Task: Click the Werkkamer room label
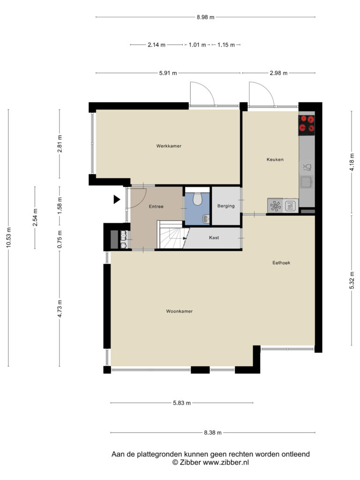pyautogui.click(x=169, y=146)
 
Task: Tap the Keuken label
pyautogui.click(x=275, y=159)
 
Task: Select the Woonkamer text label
pyautogui.click(x=180, y=311)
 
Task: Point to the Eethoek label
pyautogui.click(x=281, y=262)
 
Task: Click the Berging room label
pyautogui.click(x=226, y=206)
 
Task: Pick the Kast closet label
pyautogui.click(x=214, y=238)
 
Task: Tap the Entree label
pyautogui.click(x=156, y=207)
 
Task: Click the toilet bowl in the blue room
pyautogui.click(x=198, y=199)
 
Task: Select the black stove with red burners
pyautogui.click(x=307, y=125)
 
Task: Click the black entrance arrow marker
pyautogui.click(x=117, y=199)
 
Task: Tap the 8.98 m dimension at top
pyautogui.click(x=205, y=17)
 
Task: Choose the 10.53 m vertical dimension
pyautogui.click(x=8, y=238)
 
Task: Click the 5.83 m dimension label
pyautogui.click(x=182, y=403)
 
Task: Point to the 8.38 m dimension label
pyautogui.click(x=213, y=433)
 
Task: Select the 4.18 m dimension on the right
pyautogui.click(x=352, y=162)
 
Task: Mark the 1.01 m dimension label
pyautogui.click(x=197, y=45)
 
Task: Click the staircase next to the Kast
pyautogui.click(x=172, y=234)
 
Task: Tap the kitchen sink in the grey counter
pyautogui.click(x=307, y=182)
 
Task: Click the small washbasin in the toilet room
pyautogui.click(x=206, y=219)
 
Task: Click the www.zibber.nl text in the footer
pyautogui.click(x=226, y=463)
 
